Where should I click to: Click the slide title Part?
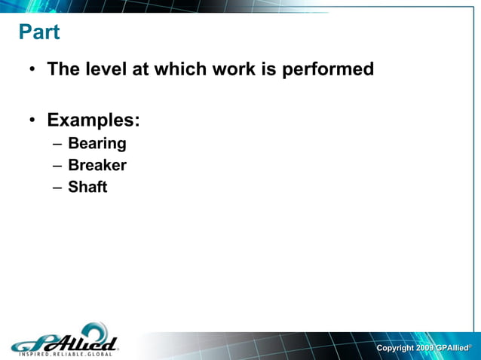coord(38,33)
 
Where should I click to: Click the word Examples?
coord(93,120)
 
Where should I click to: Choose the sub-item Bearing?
coord(97,143)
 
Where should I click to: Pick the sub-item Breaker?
coord(97,165)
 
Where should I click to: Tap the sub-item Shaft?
coord(87,187)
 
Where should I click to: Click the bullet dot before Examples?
coord(33,121)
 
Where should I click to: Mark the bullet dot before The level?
coord(33,71)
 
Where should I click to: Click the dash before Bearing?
coord(57,144)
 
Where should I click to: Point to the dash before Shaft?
coord(57,188)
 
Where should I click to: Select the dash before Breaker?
coord(57,166)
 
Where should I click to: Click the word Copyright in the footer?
coord(394,348)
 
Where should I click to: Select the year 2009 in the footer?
coord(424,348)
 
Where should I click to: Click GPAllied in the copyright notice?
coord(452,348)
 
